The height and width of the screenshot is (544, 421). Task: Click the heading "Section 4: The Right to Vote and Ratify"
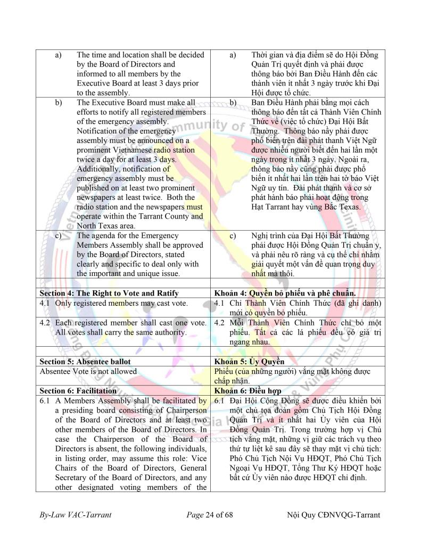point(109,293)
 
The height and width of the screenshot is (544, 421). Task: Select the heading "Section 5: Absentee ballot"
point(85,362)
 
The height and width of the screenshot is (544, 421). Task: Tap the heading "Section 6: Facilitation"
point(78,390)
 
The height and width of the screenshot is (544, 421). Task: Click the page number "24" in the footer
point(215,515)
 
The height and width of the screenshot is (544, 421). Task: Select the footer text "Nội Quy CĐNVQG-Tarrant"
point(333,515)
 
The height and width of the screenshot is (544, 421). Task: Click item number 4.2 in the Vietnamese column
point(220,323)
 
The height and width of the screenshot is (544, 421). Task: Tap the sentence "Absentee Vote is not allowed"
point(88,371)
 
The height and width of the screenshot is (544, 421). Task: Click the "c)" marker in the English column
point(58,235)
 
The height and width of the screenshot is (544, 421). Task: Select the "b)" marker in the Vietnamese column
point(233,102)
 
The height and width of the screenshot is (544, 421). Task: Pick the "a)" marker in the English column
point(58,55)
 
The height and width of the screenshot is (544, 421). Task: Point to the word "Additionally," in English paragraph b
point(101,169)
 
